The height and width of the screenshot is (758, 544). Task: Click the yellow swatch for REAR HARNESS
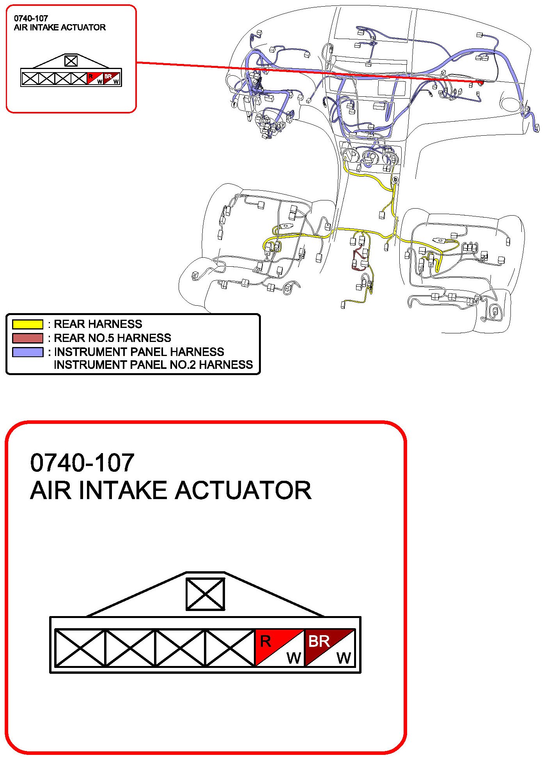(27, 324)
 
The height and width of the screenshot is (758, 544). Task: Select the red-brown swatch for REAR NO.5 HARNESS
(27, 338)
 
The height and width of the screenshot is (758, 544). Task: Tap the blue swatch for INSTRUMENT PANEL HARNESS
(27, 352)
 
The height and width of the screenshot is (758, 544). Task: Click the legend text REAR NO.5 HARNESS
(112, 338)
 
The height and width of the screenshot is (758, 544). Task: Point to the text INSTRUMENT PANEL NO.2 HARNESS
(153, 365)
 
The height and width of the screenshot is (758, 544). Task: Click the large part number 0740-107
(82, 463)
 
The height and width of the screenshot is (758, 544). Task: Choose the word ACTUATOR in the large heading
(243, 491)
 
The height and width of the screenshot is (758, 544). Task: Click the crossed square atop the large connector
(205, 594)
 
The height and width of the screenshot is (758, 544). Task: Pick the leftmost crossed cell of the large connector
(80, 648)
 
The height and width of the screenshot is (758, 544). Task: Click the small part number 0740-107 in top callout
(31, 18)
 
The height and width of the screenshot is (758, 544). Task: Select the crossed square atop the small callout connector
(71, 61)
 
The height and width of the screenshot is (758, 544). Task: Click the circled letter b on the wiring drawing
(395, 180)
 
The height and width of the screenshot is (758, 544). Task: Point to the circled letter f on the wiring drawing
(234, 104)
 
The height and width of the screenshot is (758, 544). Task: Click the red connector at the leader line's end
(481, 83)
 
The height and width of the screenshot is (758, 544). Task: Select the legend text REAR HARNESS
(98, 324)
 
